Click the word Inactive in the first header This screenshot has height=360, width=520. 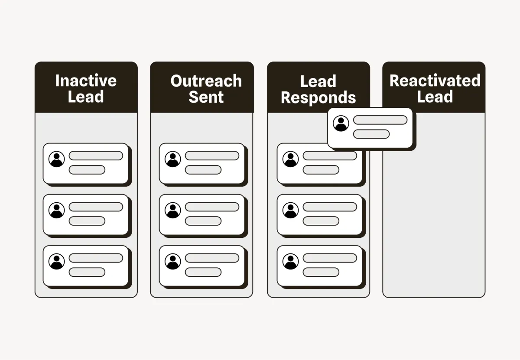point(86,81)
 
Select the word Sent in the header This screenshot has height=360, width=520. point(206,97)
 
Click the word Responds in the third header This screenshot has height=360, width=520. point(318,97)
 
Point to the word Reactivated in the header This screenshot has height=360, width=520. point(435,81)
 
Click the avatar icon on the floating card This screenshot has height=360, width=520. point(341,123)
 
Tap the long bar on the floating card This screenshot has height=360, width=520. point(380,120)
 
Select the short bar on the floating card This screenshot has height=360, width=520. point(371,134)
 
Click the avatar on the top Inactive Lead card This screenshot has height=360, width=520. point(57,159)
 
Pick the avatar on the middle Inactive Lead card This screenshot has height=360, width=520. point(57,210)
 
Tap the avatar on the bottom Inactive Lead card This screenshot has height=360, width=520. point(57,261)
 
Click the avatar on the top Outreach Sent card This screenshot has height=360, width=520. point(173,159)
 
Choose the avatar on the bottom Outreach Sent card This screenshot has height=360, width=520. point(173,261)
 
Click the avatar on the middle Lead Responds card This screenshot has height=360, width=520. point(290,210)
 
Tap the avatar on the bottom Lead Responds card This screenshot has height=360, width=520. point(290,261)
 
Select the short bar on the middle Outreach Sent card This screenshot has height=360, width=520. point(203,221)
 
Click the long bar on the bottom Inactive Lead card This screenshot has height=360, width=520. point(96,258)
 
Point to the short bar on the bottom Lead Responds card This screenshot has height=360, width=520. point(321,272)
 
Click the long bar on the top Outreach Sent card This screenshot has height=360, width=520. point(212,156)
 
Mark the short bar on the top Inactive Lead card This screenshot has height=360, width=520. point(87,170)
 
